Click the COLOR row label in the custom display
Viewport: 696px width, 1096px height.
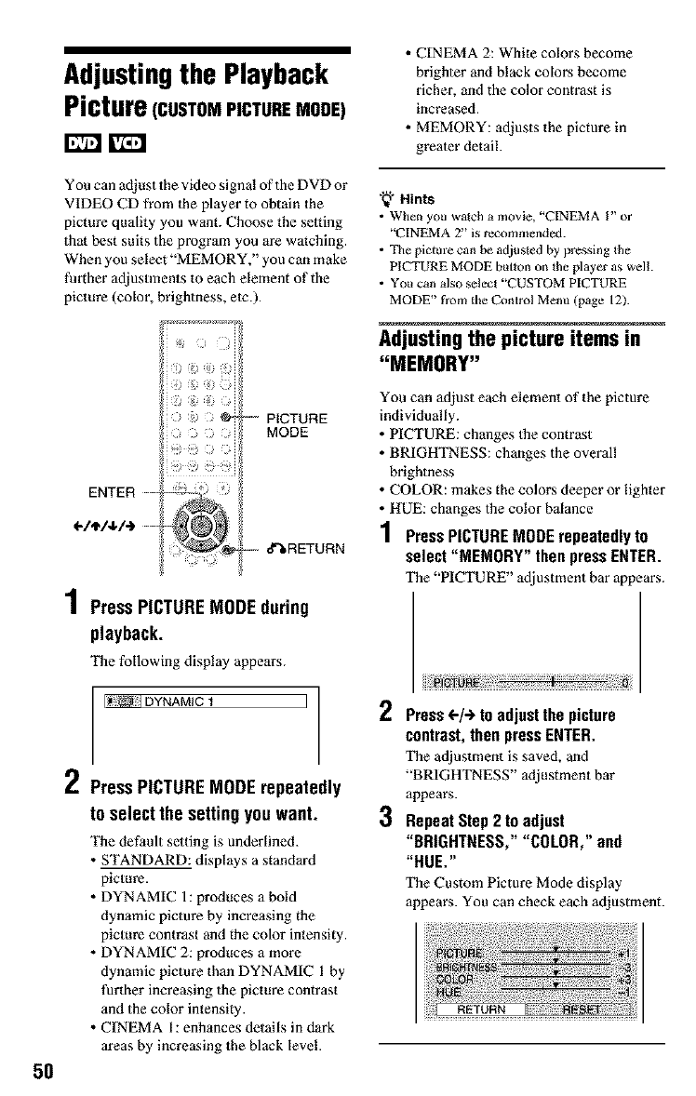tap(457, 975)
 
